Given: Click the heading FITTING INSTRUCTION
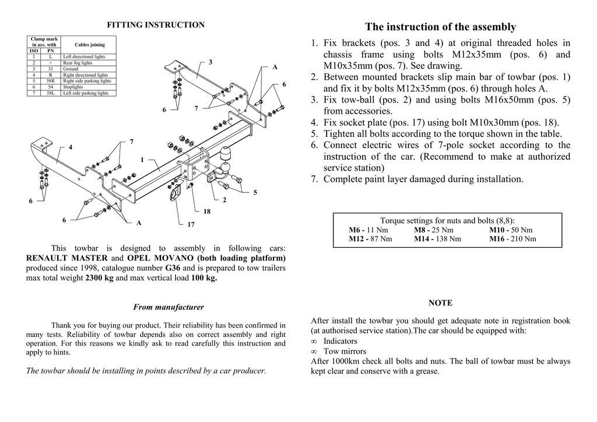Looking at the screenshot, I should (x=156, y=25).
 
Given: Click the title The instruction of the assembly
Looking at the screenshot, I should (x=440, y=27).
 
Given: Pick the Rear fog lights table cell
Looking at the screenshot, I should (x=78, y=63).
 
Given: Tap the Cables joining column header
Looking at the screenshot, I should (x=90, y=45).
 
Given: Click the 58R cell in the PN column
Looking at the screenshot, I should (x=51, y=81).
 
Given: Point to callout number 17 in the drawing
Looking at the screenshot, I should (x=191, y=224).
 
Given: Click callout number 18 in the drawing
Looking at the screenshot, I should (x=207, y=212).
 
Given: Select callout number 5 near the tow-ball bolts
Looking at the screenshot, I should (x=255, y=192).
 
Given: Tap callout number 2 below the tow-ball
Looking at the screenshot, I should (x=224, y=201).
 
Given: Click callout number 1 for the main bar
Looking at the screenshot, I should (x=142, y=160).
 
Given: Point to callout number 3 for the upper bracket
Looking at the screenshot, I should (x=210, y=62).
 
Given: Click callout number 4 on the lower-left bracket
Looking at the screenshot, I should (x=71, y=147).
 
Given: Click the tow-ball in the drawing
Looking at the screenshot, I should (x=226, y=156).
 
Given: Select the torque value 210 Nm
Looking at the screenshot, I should (x=522, y=239).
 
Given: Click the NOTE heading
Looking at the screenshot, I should (x=440, y=303).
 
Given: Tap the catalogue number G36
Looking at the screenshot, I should (x=173, y=268).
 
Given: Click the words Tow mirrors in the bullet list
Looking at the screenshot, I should (x=345, y=351).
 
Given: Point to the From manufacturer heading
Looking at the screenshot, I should (x=168, y=307).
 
